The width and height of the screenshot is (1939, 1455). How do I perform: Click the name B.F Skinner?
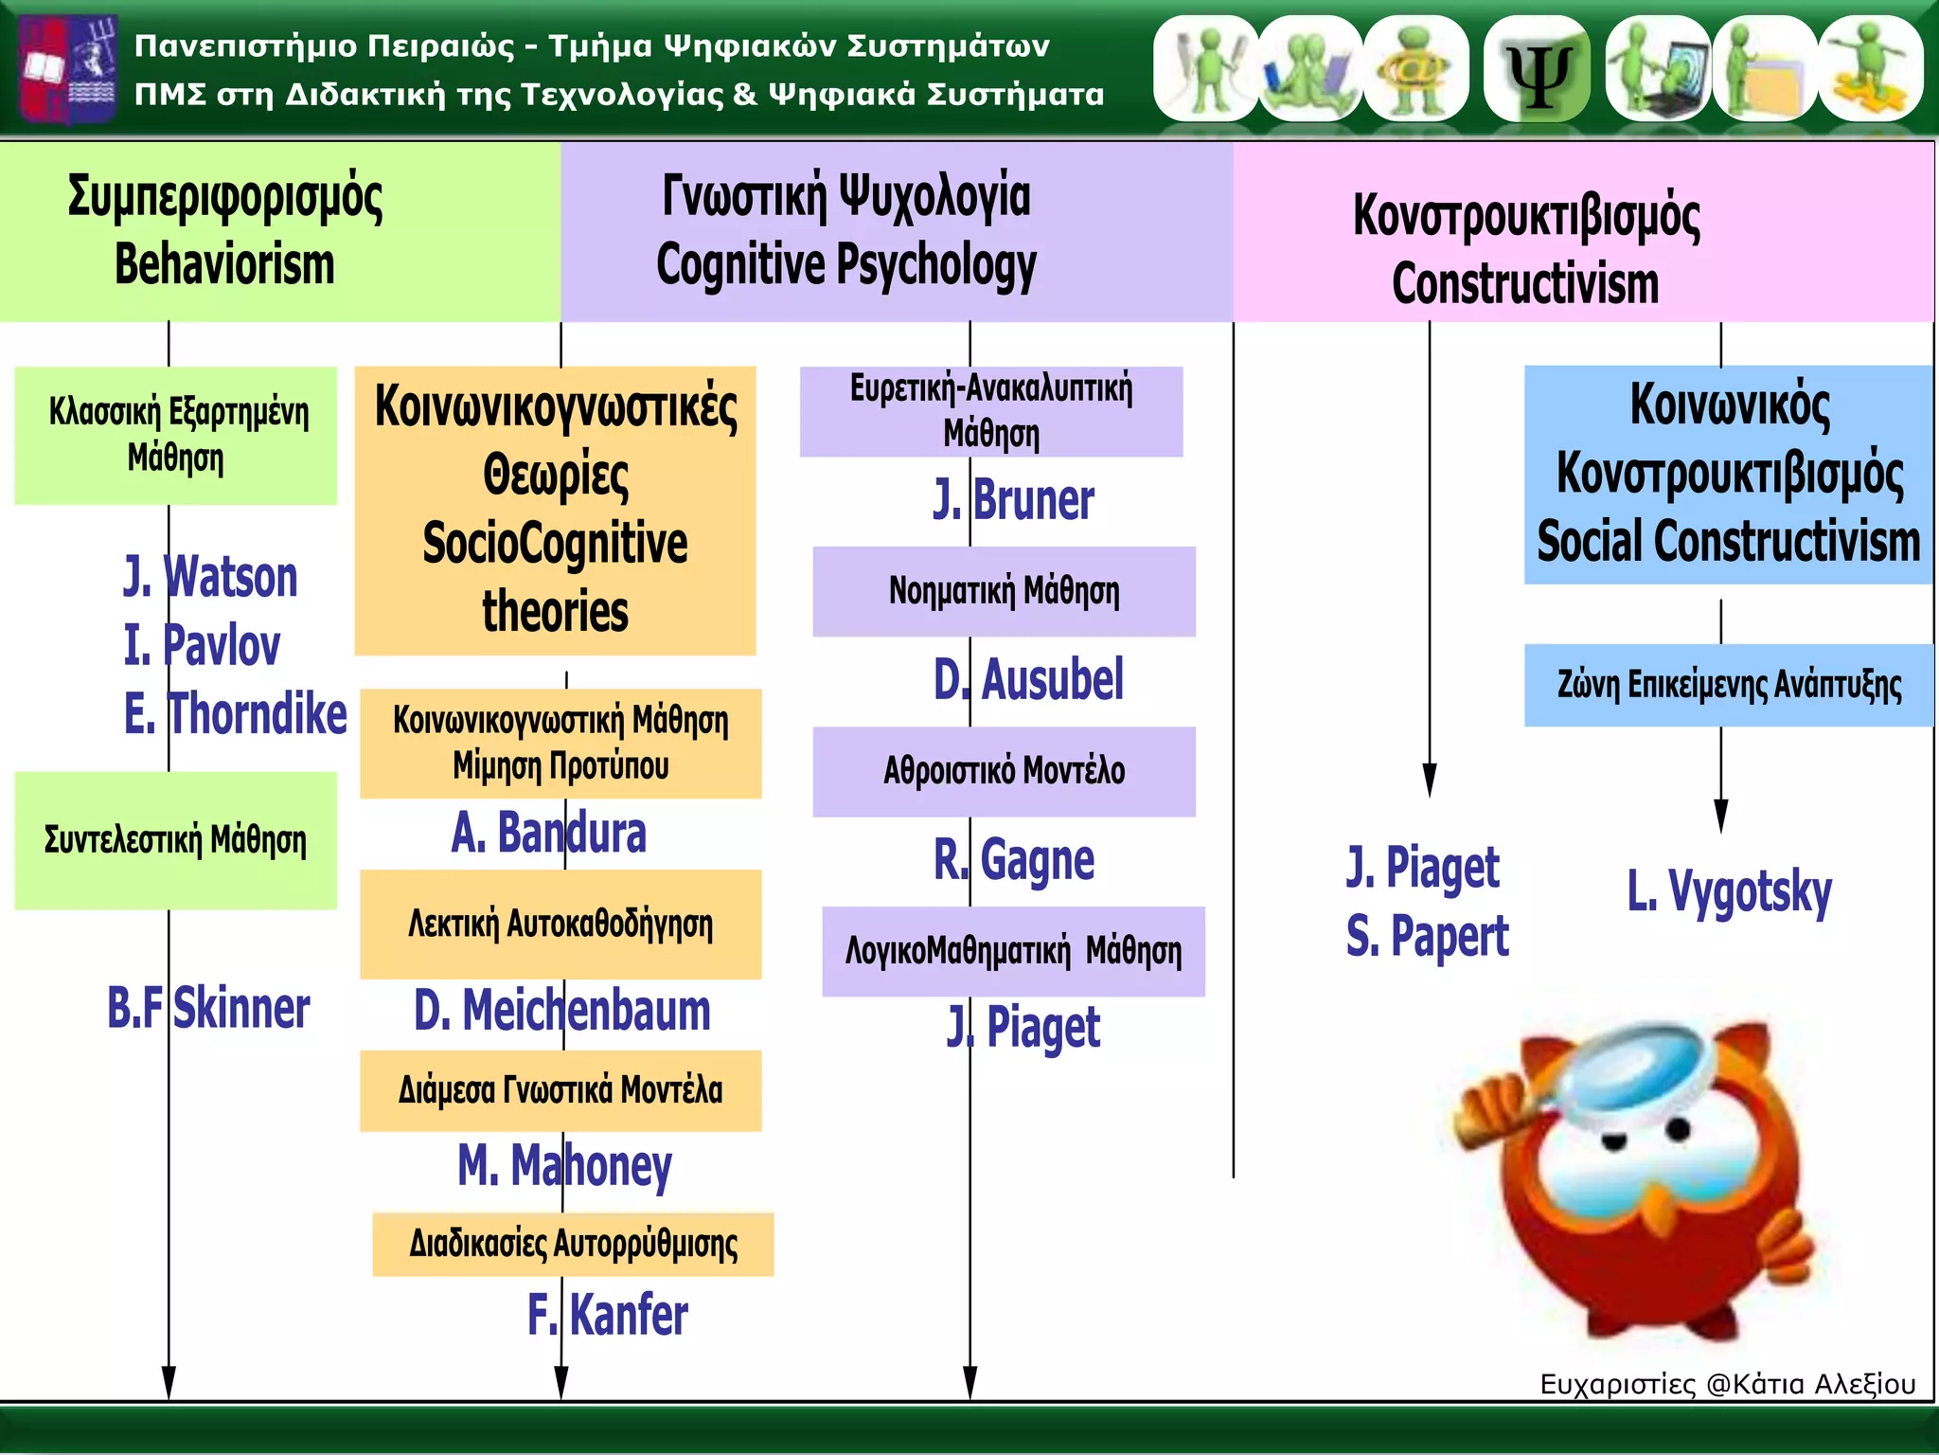[208, 1007]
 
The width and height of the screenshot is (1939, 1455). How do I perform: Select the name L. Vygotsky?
[1730, 892]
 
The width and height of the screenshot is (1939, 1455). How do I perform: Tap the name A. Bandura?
[549, 833]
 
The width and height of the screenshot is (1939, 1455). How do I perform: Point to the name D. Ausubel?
[1028, 679]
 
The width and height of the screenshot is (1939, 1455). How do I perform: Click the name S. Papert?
[1428, 936]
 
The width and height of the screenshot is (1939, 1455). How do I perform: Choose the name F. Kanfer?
[608, 1315]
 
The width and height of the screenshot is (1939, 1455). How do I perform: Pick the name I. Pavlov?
[202, 645]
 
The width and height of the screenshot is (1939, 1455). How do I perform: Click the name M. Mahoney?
[565, 1166]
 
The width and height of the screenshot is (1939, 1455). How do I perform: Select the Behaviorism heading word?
[224, 263]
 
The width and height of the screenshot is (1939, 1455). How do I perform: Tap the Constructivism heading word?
[1525, 283]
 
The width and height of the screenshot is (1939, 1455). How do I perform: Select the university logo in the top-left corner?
[69, 69]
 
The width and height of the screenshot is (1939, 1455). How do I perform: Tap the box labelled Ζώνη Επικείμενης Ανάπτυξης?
[1729, 685]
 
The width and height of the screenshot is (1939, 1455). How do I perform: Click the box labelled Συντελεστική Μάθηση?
[176, 841]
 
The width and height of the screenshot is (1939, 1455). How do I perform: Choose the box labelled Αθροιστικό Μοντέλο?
[1005, 772]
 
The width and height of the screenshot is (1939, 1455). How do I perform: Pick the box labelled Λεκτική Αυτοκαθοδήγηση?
[560, 925]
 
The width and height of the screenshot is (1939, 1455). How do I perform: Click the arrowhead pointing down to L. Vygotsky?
[1721, 817]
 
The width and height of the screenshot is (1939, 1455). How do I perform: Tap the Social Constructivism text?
[1729, 541]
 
